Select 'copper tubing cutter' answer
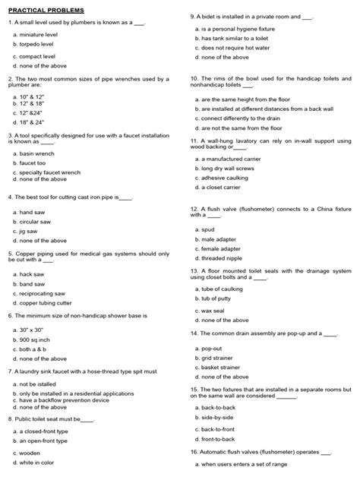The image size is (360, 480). click(49, 302)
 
